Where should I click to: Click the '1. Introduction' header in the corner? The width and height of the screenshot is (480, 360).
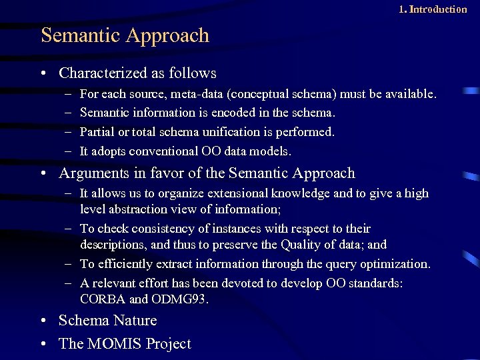pyautogui.click(x=433, y=9)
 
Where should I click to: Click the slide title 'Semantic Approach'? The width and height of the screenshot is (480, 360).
pyautogui.click(x=125, y=35)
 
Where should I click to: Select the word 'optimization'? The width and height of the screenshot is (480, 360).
pyautogui.click(x=391, y=264)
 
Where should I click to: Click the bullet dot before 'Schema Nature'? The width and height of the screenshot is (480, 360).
pyautogui.click(x=43, y=321)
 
